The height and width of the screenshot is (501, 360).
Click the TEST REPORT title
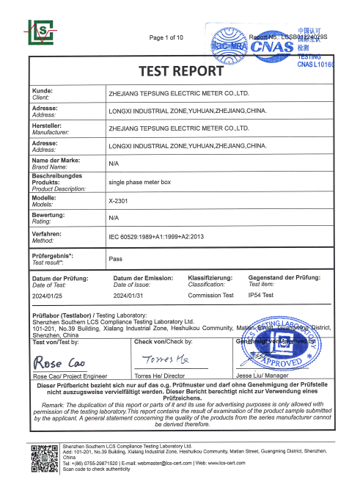[x=180, y=71]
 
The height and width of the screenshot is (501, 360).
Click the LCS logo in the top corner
[x=42, y=32]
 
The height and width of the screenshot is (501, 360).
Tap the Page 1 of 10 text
[x=166, y=37]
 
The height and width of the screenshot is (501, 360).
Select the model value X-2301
[x=119, y=200]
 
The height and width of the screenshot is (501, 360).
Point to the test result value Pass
[x=115, y=259]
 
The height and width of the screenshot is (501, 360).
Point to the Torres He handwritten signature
[x=166, y=361]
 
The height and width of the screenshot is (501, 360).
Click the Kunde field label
[x=44, y=90]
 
